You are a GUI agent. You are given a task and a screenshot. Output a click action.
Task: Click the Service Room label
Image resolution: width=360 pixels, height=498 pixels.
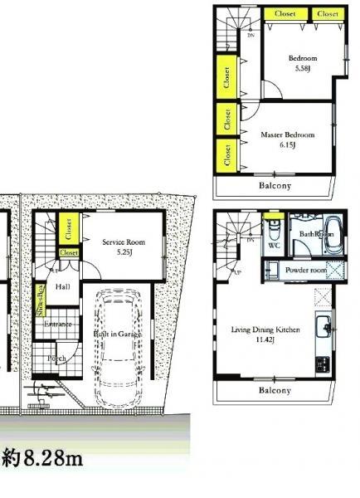pyautogui.click(x=124, y=242)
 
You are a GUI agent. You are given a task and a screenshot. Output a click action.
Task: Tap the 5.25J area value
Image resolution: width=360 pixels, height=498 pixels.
pyautogui.click(x=124, y=251)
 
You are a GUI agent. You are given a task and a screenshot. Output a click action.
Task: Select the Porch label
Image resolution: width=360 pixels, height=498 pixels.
pyautogui.click(x=56, y=359)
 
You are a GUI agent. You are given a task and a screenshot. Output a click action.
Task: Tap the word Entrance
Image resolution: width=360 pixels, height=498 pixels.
pyautogui.click(x=58, y=324)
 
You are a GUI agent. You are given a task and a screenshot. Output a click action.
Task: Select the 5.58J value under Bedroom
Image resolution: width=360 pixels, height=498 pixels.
pyautogui.click(x=303, y=68)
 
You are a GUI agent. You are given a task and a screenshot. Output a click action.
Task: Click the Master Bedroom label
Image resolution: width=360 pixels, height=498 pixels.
pyautogui.click(x=287, y=134)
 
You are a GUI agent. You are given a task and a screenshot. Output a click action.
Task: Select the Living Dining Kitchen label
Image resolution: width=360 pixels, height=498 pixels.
pyautogui.click(x=265, y=330)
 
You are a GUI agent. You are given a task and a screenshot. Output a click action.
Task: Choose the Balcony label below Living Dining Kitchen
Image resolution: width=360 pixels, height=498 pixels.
pyautogui.click(x=274, y=390)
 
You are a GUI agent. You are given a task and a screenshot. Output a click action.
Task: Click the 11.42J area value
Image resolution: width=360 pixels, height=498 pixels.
pyautogui.click(x=265, y=339)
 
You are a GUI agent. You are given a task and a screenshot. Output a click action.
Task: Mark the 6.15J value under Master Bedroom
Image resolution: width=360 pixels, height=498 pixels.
pyautogui.click(x=286, y=144)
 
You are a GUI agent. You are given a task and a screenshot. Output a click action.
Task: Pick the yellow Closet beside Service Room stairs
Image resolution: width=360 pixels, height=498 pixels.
pyautogui.click(x=70, y=224)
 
